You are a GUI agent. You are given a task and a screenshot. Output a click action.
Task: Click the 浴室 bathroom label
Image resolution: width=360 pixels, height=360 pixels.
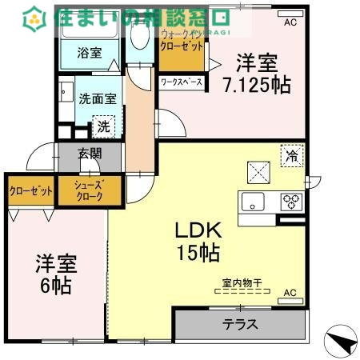[89, 53]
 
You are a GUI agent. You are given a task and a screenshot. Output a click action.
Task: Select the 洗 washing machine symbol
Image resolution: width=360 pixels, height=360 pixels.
[104, 126]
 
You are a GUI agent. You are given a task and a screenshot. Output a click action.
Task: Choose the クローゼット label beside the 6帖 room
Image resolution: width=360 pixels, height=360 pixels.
[31, 192]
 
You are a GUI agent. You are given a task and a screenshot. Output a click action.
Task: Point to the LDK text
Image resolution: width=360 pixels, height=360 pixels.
[198, 230]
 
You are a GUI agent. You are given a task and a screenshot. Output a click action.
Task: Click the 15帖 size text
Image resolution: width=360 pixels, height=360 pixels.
[198, 253]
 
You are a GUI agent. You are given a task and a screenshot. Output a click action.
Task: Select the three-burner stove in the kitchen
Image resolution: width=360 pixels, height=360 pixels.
[291, 201]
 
